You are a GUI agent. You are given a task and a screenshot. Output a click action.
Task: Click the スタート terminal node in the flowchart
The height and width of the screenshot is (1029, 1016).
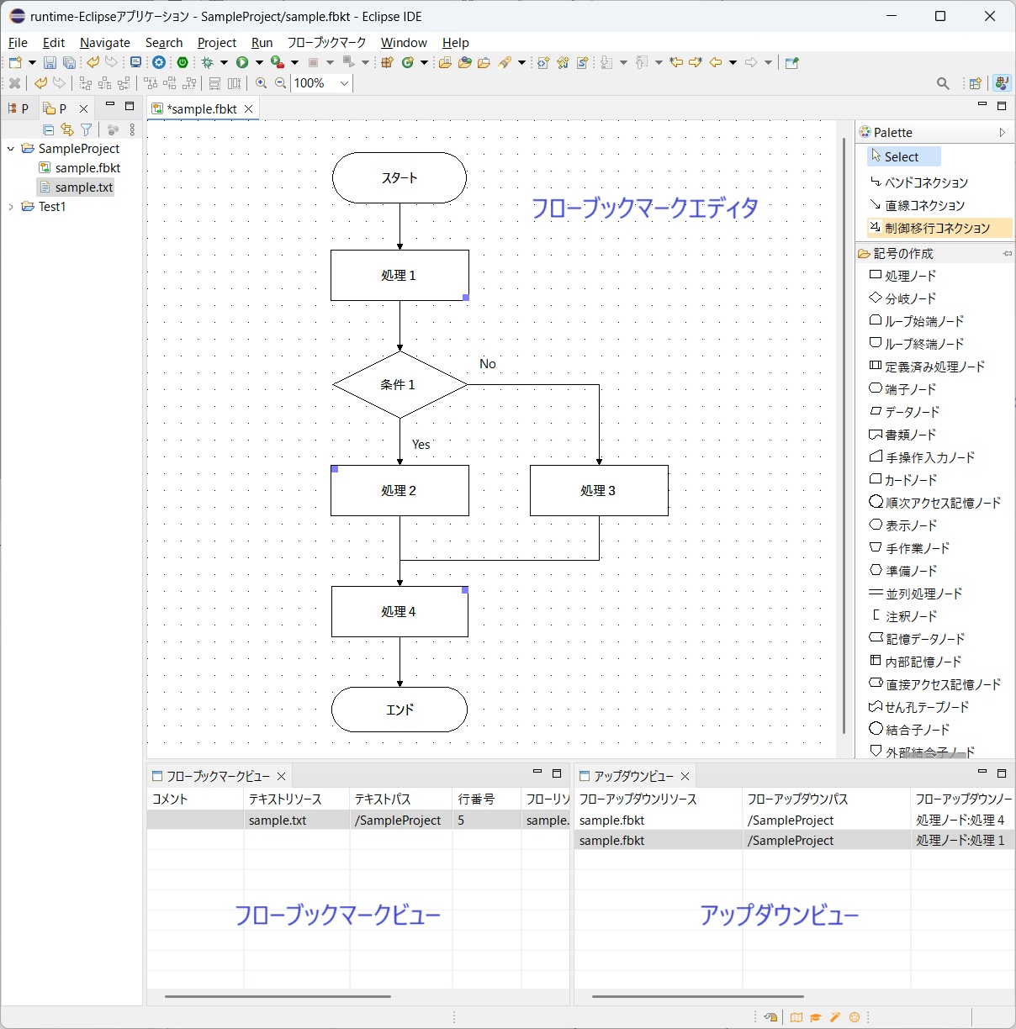(400, 178)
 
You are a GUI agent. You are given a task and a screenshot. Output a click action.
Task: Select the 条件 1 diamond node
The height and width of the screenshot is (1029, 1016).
(400, 385)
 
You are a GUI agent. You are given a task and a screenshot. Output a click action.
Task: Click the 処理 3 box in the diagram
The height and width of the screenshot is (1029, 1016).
(599, 491)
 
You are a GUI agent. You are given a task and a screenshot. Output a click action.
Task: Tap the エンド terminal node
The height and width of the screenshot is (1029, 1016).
(400, 710)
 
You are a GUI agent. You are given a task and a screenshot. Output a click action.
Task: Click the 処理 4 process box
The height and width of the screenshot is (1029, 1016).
(400, 612)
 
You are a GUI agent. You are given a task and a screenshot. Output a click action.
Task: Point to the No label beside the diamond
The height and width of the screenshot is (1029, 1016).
(488, 364)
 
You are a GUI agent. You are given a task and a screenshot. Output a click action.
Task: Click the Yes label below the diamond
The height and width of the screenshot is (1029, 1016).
(421, 445)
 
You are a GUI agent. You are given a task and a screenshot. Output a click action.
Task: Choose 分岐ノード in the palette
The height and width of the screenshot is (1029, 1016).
(910, 298)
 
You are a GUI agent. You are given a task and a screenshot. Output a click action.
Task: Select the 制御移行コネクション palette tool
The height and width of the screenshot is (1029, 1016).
(937, 228)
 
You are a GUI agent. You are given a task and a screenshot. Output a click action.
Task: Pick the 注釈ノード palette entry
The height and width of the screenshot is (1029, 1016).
(910, 616)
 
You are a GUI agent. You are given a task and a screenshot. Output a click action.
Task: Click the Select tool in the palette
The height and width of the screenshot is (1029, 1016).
(902, 157)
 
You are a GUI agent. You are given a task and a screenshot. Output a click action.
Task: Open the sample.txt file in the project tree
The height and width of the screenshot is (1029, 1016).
(83, 187)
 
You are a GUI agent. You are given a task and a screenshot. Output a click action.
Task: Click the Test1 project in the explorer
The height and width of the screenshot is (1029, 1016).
(52, 207)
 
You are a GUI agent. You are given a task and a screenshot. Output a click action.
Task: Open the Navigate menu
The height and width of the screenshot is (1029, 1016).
(105, 43)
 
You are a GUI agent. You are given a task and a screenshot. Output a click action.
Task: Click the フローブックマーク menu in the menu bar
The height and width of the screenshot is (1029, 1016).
(326, 43)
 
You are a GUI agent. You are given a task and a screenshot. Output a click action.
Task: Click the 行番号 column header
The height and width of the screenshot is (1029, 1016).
(476, 799)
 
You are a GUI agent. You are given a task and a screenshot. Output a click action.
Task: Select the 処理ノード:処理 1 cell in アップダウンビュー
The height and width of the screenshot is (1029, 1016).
(960, 841)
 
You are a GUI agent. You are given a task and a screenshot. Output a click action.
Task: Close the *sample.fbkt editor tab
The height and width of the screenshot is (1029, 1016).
(249, 109)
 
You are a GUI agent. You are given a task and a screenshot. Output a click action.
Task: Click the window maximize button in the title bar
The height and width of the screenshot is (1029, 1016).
(940, 16)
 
